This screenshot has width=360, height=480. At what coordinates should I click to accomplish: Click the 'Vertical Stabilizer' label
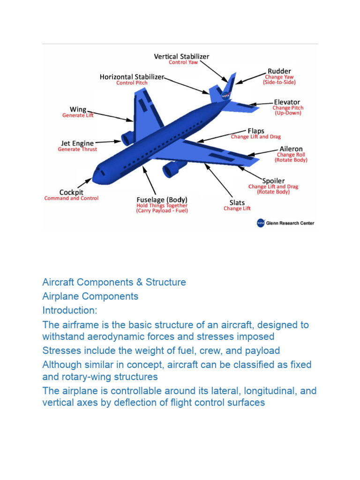tap(181, 56)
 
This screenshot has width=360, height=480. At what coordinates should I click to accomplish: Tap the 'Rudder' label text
tap(279, 71)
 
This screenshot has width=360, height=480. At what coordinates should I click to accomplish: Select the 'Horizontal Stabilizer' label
tap(132, 76)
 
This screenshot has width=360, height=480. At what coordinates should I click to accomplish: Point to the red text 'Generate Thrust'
tap(77, 150)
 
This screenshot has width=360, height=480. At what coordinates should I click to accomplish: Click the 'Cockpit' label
tap(71, 192)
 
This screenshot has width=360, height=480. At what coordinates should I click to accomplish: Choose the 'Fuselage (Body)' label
tap(162, 199)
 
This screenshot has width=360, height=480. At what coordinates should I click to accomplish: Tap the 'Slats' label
tap(237, 202)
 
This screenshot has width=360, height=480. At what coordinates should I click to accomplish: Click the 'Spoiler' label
tap(273, 180)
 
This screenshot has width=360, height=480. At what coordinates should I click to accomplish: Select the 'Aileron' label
tap(291, 149)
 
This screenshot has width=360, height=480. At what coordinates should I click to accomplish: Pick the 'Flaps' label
tap(256, 131)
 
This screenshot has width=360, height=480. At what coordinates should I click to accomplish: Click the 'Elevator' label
tap(287, 102)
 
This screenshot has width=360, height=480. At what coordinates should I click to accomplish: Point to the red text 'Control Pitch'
tap(132, 83)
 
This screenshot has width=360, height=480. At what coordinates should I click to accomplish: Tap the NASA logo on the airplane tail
tap(225, 96)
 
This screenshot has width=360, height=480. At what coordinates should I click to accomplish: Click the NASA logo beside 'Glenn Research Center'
tap(261, 223)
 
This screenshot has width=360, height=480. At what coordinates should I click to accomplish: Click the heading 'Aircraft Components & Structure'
tap(114, 282)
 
